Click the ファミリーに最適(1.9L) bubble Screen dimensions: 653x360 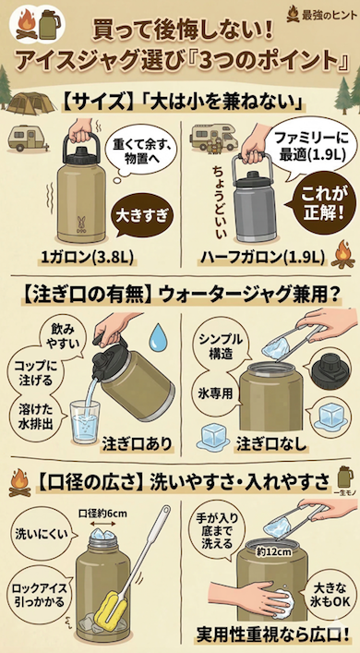[306, 148]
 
